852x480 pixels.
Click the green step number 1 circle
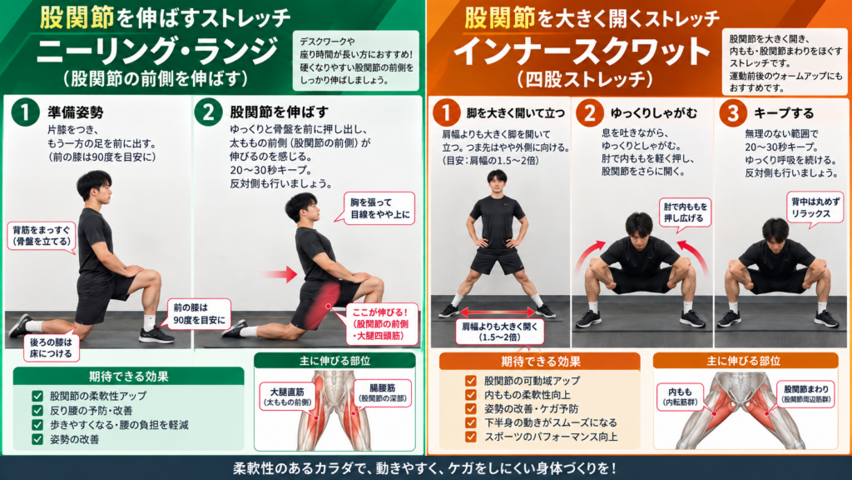pyautogui.click(x=25, y=112)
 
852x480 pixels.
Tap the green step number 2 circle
pyautogui.click(x=209, y=112)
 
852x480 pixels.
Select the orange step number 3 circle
pyautogui.click(x=732, y=113)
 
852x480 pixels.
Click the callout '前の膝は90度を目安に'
pyautogui.click(x=199, y=314)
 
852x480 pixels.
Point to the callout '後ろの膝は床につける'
pyautogui.click(x=51, y=347)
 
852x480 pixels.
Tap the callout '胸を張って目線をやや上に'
pyautogui.click(x=379, y=207)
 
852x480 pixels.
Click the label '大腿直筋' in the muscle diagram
pyautogui.click(x=287, y=396)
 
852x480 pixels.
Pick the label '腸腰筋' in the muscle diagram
pyautogui.click(x=382, y=392)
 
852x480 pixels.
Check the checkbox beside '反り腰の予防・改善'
pyautogui.click(x=37, y=410)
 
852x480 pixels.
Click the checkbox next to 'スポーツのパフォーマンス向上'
pyautogui.click(x=471, y=437)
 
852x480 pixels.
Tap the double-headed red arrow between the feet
pyautogui.click(x=498, y=312)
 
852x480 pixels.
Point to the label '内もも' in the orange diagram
pyautogui.click(x=680, y=396)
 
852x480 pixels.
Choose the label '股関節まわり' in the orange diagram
pyautogui.click(x=806, y=393)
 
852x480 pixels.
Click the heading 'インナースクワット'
pyautogui.click(x=582, y=51)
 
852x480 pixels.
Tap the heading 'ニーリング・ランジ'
pyautogui.click(x=157, y=51)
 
